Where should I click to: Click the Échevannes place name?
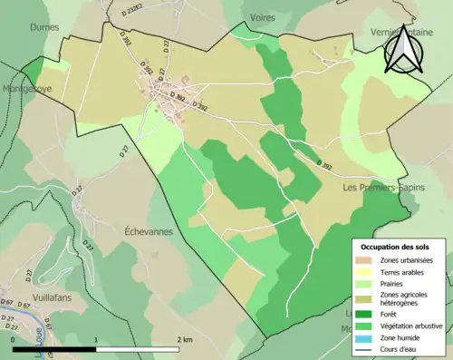coord(149,231)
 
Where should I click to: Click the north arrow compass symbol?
coord(401,50)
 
